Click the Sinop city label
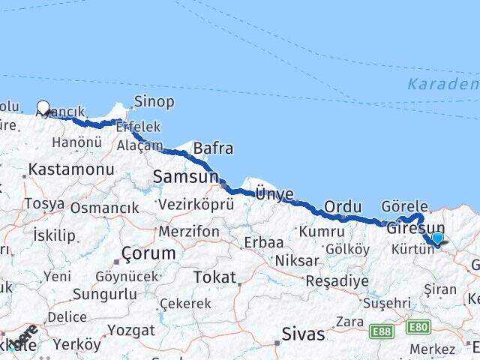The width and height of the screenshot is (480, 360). (154, 101)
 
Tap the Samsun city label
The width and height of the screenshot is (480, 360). (184, 177)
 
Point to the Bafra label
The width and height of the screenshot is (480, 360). (213, 148)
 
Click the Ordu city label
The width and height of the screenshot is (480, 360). (343, 207)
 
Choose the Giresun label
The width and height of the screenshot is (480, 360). (415, 229)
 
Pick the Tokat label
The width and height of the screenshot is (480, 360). (214, 277)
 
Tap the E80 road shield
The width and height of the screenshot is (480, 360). (417, 327)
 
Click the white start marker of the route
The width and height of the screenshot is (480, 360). (43, 107)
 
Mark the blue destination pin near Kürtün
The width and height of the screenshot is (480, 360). (437, 238)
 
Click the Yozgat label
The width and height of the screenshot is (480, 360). (130, 329)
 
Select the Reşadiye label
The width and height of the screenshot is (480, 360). (337, 281)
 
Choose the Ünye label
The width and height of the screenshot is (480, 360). (274, 193)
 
